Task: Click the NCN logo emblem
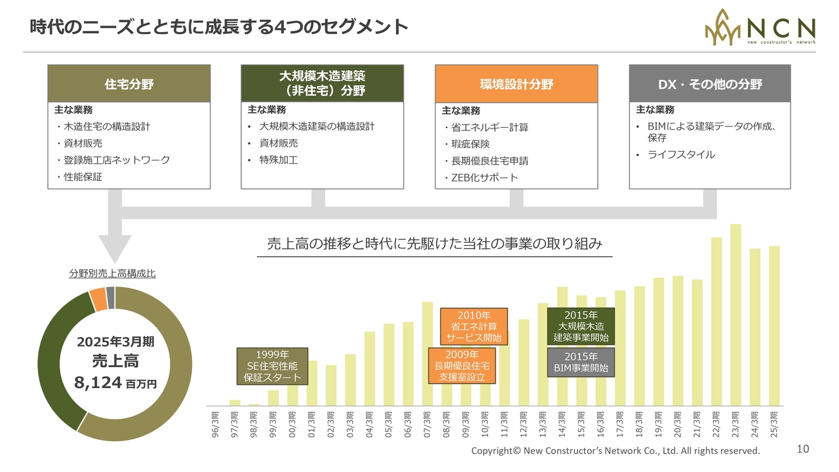[723, 27]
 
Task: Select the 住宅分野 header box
[130, 83]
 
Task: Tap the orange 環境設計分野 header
[517, 83]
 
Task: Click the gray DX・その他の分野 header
[710, 83]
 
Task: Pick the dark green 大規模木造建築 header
[322, 83]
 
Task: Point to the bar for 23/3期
[735, 315]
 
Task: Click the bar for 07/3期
[427, 354]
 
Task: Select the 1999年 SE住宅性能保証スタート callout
[272, 366]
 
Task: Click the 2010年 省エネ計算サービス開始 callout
[473, 326]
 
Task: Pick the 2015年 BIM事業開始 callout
[581, 363]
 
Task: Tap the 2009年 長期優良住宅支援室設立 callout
[461, 366]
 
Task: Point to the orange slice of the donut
[98, 299]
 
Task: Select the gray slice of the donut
[110, 297]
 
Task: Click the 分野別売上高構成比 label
[112, 274]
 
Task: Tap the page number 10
[803, 449]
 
